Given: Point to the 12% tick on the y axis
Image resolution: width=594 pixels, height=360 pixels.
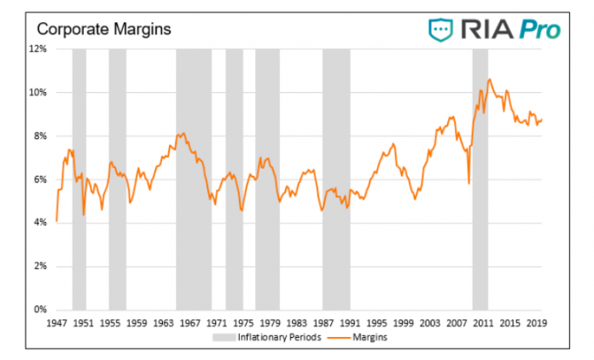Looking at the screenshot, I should click(x=38, y=49).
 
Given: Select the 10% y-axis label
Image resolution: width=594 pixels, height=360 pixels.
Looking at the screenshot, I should click(x=38, y=92).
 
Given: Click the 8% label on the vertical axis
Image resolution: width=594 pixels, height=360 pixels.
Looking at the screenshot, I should click(x=40, y=136).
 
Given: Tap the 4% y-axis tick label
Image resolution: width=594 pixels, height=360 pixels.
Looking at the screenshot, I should click(x=40, y=223).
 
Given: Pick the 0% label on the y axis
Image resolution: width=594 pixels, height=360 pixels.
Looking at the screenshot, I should click(x=40, y=310).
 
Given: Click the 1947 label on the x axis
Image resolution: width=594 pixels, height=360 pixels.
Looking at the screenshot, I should click(x=56, y=323).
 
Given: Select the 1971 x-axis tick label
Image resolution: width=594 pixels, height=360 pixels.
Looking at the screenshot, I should click(x=216, y=323).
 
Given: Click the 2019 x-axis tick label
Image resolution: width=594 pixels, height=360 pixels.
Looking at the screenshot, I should click(x=536, y=323).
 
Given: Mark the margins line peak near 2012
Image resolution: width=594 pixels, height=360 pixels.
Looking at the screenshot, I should click(x=490, y=79).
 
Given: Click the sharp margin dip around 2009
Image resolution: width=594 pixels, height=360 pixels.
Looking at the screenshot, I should click(x=469, y=183).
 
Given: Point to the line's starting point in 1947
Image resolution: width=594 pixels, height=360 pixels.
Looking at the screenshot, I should click(x=56, y=221).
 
